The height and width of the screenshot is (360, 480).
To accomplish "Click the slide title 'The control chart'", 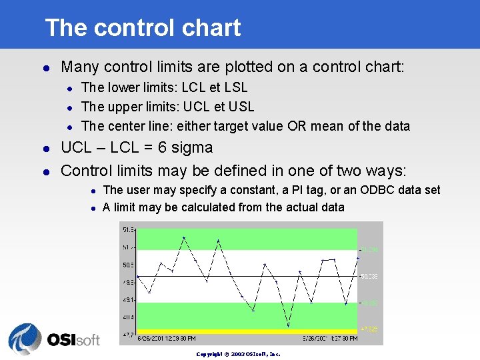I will (143, 28).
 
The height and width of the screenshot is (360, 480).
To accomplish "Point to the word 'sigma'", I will (191, 148).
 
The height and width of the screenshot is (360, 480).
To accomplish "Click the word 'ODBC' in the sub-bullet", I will (377, 190).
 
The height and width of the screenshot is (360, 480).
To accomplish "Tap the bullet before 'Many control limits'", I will (45, 67).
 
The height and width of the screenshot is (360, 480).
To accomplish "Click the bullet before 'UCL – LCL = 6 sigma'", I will (45, 149).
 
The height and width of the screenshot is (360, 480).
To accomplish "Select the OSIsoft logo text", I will (73, 339).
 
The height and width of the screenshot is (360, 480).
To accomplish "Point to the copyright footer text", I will (238, 353).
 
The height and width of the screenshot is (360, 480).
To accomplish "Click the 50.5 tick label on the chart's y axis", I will (128, 265).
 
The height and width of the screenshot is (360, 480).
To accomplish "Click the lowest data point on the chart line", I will (288, 326).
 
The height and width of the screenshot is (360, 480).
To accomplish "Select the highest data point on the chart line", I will (184, 237).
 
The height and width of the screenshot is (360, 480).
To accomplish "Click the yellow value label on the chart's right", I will (369, 329).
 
